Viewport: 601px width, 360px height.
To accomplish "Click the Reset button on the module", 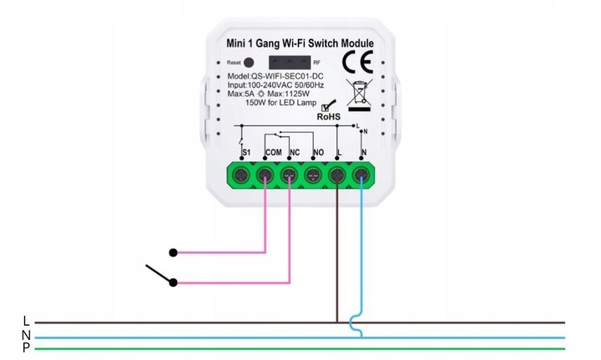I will (249, 63).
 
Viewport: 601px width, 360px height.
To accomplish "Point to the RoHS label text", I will (329, 119).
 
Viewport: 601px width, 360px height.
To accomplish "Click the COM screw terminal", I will (265, 175).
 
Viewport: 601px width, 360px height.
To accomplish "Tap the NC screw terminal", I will (290, 175).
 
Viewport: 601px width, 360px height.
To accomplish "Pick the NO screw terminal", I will (313, 175).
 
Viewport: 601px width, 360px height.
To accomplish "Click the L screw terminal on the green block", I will (337, 175).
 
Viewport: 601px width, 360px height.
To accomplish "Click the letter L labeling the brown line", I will (27, 321).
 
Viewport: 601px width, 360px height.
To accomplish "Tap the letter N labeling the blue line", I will (27, 334).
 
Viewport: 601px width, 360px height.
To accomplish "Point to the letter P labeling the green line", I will (27, 347).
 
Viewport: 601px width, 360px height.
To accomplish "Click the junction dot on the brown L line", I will (337, 322).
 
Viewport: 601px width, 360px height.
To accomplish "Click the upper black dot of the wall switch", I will (173, 251).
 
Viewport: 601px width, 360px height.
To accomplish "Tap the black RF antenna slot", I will (288, 63).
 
